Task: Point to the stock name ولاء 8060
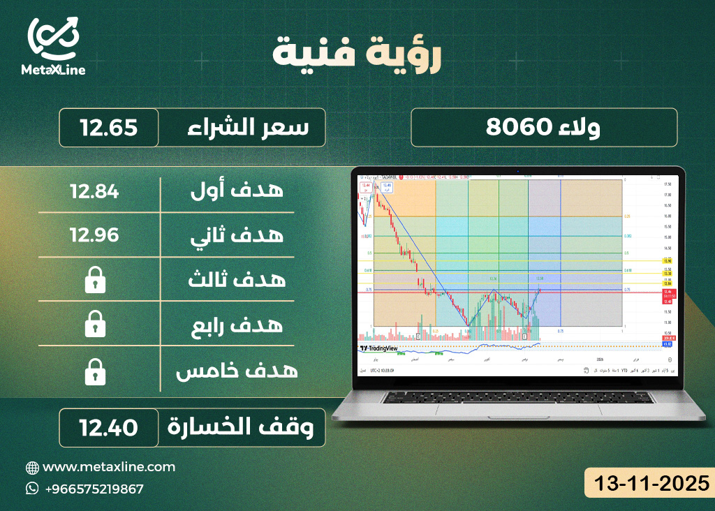(x=543, y=128)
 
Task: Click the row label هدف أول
(x=237, y=189)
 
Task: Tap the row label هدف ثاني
(x=237, y=235)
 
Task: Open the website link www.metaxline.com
(x=109, y=467)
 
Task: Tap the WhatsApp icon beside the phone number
(x=32, y=489)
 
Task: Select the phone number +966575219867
(x=93, y=489)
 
